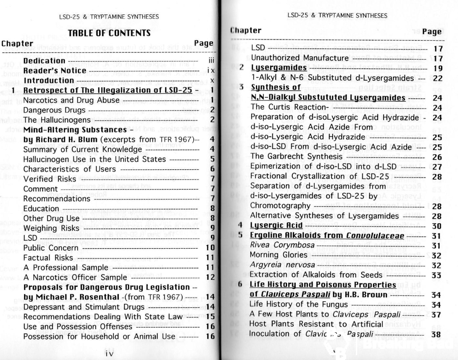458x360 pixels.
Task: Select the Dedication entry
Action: (44, 61)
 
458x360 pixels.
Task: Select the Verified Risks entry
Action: (44, 178)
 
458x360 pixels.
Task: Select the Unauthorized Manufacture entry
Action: (299, 57)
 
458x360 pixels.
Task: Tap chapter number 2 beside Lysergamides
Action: (241, 68)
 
